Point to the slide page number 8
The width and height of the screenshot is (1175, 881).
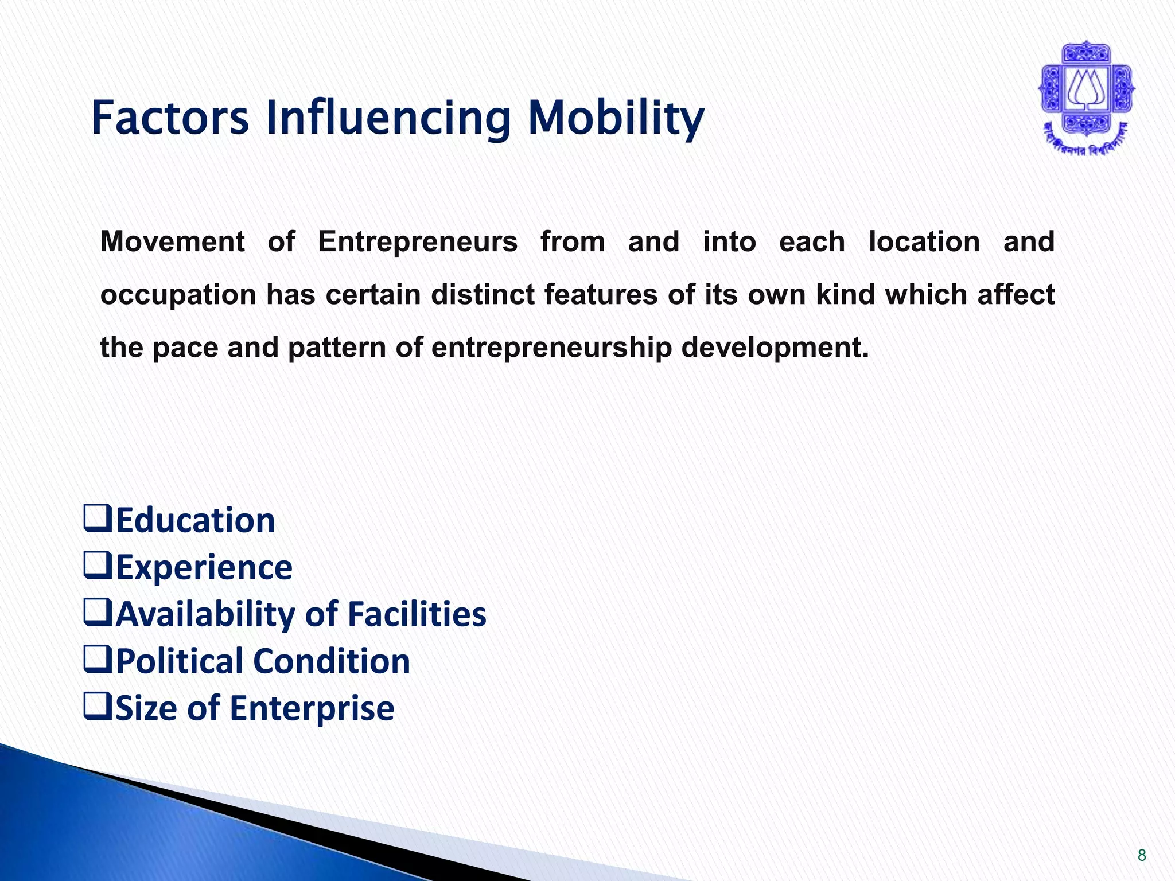pos(1142,856)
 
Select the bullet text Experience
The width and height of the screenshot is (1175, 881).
pos(204,567)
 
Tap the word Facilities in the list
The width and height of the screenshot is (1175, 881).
pos(417,614)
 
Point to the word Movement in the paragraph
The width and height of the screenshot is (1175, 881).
pos(172,241)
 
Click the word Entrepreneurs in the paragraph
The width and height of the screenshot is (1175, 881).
pos(417,241)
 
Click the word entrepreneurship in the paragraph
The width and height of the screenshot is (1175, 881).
pos(551,348)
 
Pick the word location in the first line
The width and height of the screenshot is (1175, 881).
pos(924,241)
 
